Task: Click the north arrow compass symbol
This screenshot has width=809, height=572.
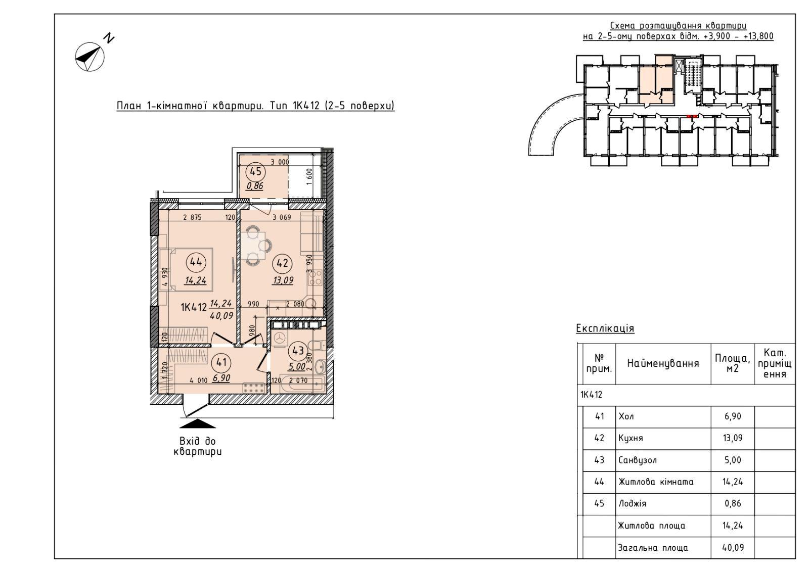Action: pos(90,57)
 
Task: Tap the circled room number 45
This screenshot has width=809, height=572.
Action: pos(255,171)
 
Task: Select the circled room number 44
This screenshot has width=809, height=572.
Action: pos(196,262)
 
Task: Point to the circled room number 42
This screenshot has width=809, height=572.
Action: pos(283,263)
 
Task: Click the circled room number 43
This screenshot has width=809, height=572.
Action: pos(298,350)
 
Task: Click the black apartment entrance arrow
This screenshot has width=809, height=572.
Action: pos(198,423)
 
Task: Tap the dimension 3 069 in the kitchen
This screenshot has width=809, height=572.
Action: pos(282,217)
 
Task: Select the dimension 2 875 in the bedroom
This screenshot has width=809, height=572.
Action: pos(192,217)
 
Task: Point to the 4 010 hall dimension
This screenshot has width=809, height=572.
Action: pos(198,380)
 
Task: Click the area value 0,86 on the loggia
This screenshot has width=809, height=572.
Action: pos(255,186)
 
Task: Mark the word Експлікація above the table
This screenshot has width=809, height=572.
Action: pos(605,328)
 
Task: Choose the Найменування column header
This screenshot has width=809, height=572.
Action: pos(663,363)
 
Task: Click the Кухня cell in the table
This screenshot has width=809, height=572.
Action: pos(631,439)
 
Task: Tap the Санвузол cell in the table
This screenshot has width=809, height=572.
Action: pos(638,460)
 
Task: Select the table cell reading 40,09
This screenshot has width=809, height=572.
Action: pos(733,547)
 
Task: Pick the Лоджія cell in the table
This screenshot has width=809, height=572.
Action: pos(632,503)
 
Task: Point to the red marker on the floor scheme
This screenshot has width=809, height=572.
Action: pos(692,116)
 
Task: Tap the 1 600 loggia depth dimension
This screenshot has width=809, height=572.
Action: pos(309,176)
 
